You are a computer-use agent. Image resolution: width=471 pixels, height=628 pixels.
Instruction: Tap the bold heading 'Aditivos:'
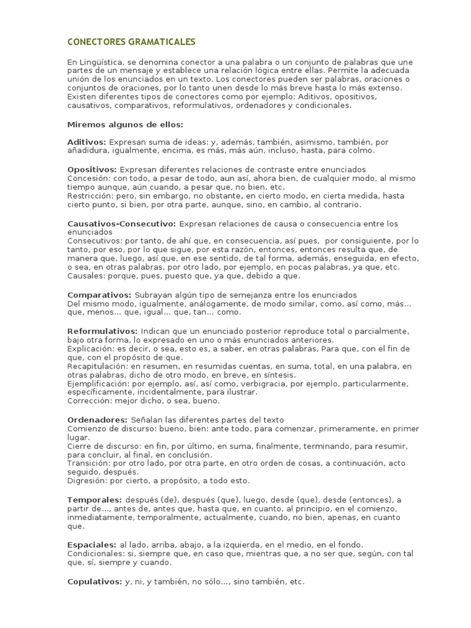point(86,142)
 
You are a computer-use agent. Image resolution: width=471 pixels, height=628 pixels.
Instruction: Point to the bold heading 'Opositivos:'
point(91,169)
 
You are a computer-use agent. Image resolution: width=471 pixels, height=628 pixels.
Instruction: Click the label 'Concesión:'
point(88,178)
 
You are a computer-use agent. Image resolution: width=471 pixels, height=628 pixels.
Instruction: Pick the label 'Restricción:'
point(90,196)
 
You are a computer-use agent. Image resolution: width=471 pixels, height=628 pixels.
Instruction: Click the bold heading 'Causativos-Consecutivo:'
point(121,223)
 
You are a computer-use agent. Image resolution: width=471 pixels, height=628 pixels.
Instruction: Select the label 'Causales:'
point(85,276)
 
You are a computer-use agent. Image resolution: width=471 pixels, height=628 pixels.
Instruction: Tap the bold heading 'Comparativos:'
point(99,295)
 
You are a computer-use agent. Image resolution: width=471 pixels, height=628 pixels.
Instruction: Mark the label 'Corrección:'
point(89,401)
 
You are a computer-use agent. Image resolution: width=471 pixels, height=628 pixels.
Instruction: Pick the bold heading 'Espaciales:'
point(91,545)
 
